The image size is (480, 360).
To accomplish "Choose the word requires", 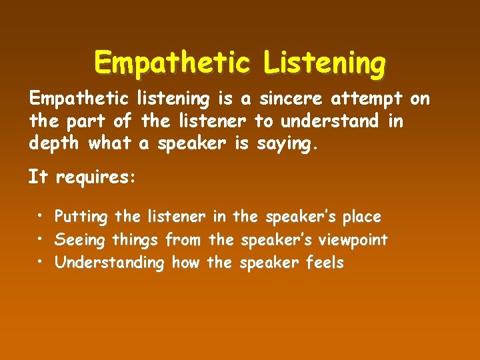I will [x=95, y=178].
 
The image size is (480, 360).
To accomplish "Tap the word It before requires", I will [x=37, y=177].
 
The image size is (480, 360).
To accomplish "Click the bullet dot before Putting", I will [x=41, y=217].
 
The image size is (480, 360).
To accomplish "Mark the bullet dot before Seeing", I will [x=41, y=239].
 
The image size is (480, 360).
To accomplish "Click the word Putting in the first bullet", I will [x=82, y=217].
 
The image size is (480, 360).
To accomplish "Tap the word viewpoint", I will [x=355, y=240].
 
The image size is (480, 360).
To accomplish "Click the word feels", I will [x=324, y=263].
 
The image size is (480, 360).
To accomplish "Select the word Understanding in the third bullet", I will [x=109, y=263].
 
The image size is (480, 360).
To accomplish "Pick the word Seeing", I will [x=80, y=240].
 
